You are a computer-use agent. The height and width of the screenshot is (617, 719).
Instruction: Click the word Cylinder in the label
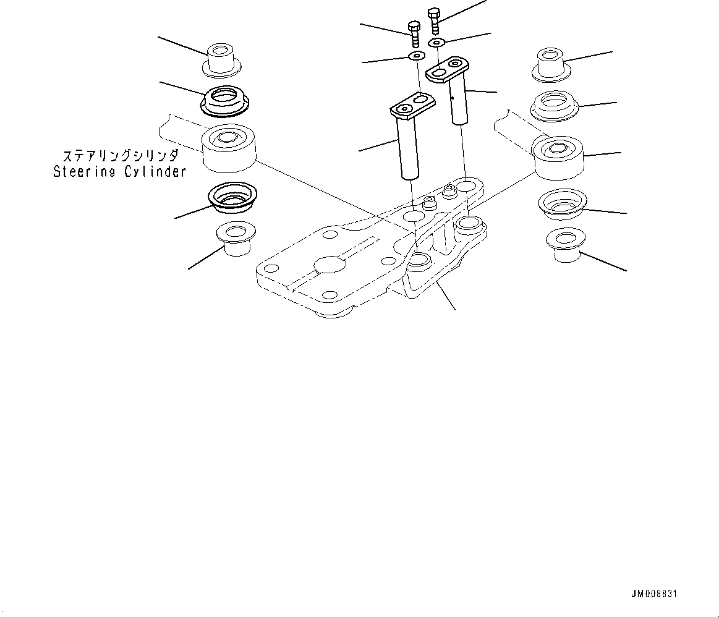(x=155, y=172)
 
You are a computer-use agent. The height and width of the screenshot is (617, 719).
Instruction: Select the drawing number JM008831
(x=654, y=594)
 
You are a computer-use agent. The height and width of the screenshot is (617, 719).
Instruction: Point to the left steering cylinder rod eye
(x=229, y=148)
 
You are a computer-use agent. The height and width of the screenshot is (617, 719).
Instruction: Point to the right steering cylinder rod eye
(x=557, y=156)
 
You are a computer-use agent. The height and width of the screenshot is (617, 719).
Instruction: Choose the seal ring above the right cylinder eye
(x=553, y=106)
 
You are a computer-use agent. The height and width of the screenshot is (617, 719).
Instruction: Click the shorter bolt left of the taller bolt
(x=414, y=34)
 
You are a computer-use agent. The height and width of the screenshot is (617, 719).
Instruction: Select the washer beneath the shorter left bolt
(x=416, y=57)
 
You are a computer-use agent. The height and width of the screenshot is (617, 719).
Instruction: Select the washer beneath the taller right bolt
(x=437, y=42)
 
